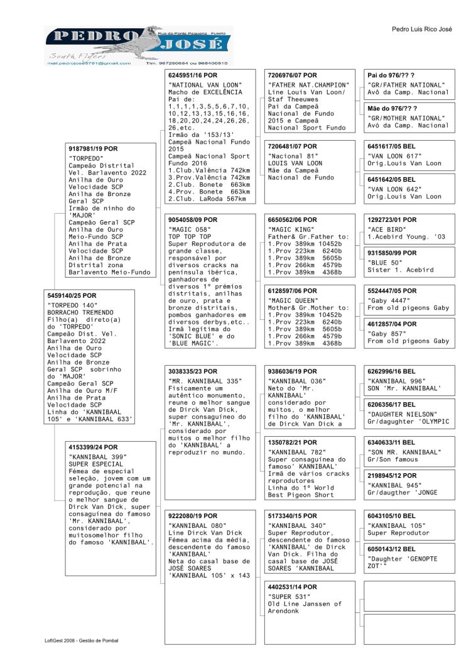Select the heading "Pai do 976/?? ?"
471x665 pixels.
click(x=391, y=75)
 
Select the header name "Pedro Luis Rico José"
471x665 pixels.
click(x=421, y=30)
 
